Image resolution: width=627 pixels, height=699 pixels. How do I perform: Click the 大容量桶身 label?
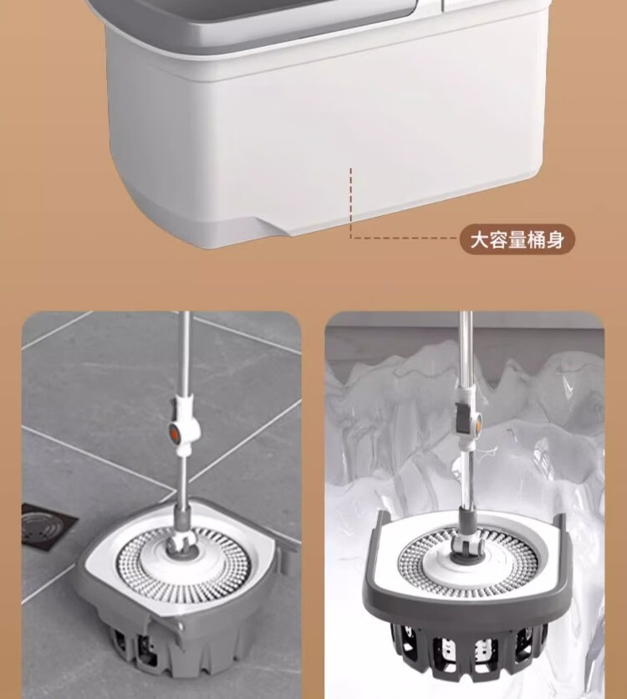(517, 239)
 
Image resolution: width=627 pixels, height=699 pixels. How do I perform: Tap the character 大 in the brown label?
(480, 239)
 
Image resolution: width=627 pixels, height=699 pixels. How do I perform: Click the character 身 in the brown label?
(555, 239)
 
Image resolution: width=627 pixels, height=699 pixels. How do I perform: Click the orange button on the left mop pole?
(175, 433)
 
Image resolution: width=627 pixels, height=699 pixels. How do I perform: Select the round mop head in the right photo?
(466, 558)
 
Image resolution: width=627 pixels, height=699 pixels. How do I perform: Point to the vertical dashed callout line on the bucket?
(351, 203)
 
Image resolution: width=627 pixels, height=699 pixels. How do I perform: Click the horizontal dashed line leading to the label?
(405, 238)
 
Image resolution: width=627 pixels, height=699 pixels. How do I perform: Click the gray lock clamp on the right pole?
(466, 419)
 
